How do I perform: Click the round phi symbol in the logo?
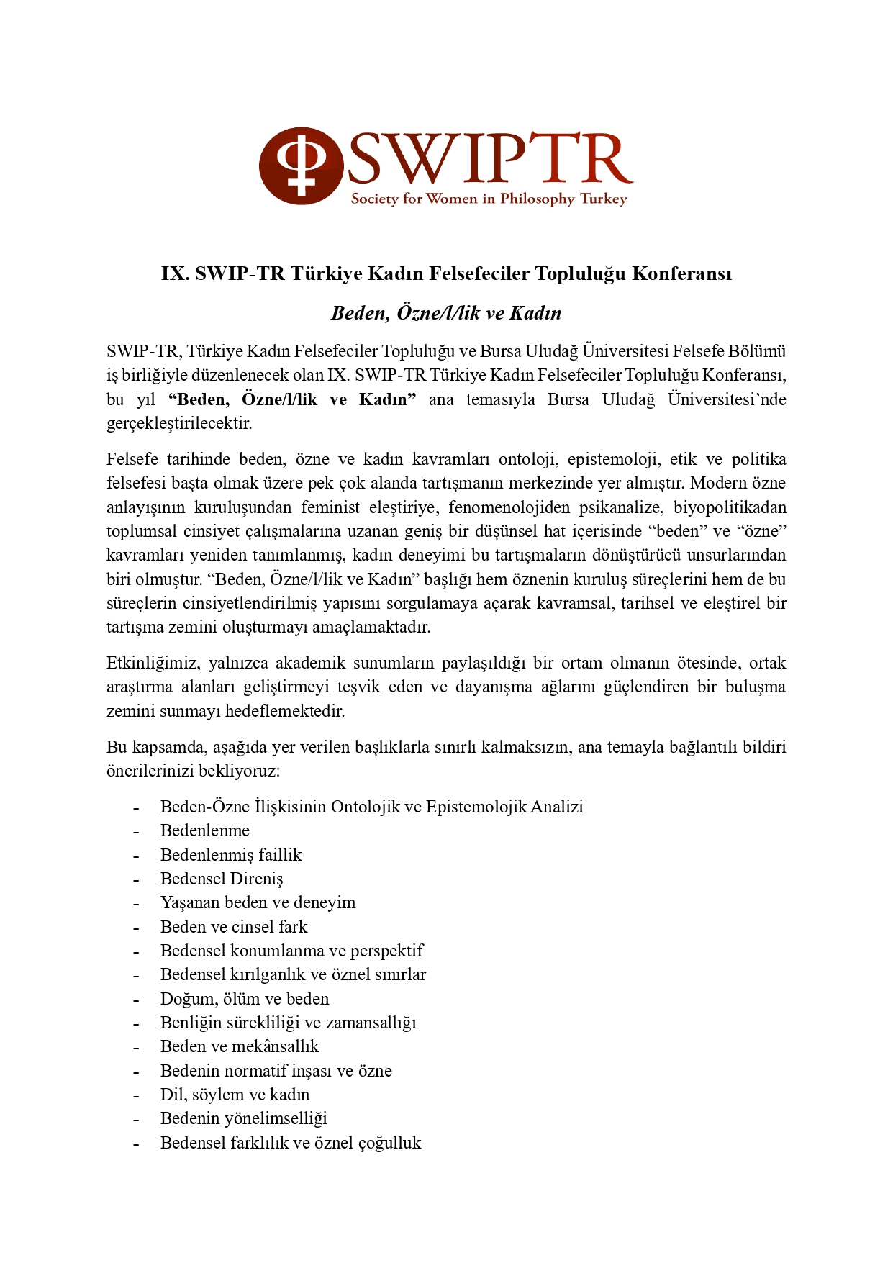[301, 166]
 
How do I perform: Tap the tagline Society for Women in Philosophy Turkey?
[489, 199]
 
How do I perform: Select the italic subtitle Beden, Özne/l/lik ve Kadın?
[446, 313]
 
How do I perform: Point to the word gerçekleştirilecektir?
[179, 423]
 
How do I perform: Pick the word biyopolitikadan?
[730, 507]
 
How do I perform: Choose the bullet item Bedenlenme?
[205, 830]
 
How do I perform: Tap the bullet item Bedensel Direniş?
[222, 879]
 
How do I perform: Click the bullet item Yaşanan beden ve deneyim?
[258, 902]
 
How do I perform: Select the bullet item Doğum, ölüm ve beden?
[245, 999]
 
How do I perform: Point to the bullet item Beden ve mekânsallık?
[240, 1046]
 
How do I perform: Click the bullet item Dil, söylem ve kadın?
[235, 1095]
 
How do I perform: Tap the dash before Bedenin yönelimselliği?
[135, 1120]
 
